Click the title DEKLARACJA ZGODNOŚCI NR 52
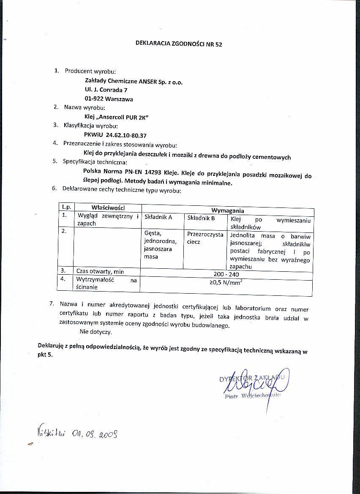(x=178, y=44)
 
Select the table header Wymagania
(x=227, y=210)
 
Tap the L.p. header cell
(x=66, y=207)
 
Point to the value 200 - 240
(x=226, y=274)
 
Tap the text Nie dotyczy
(x=98, y=332)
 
